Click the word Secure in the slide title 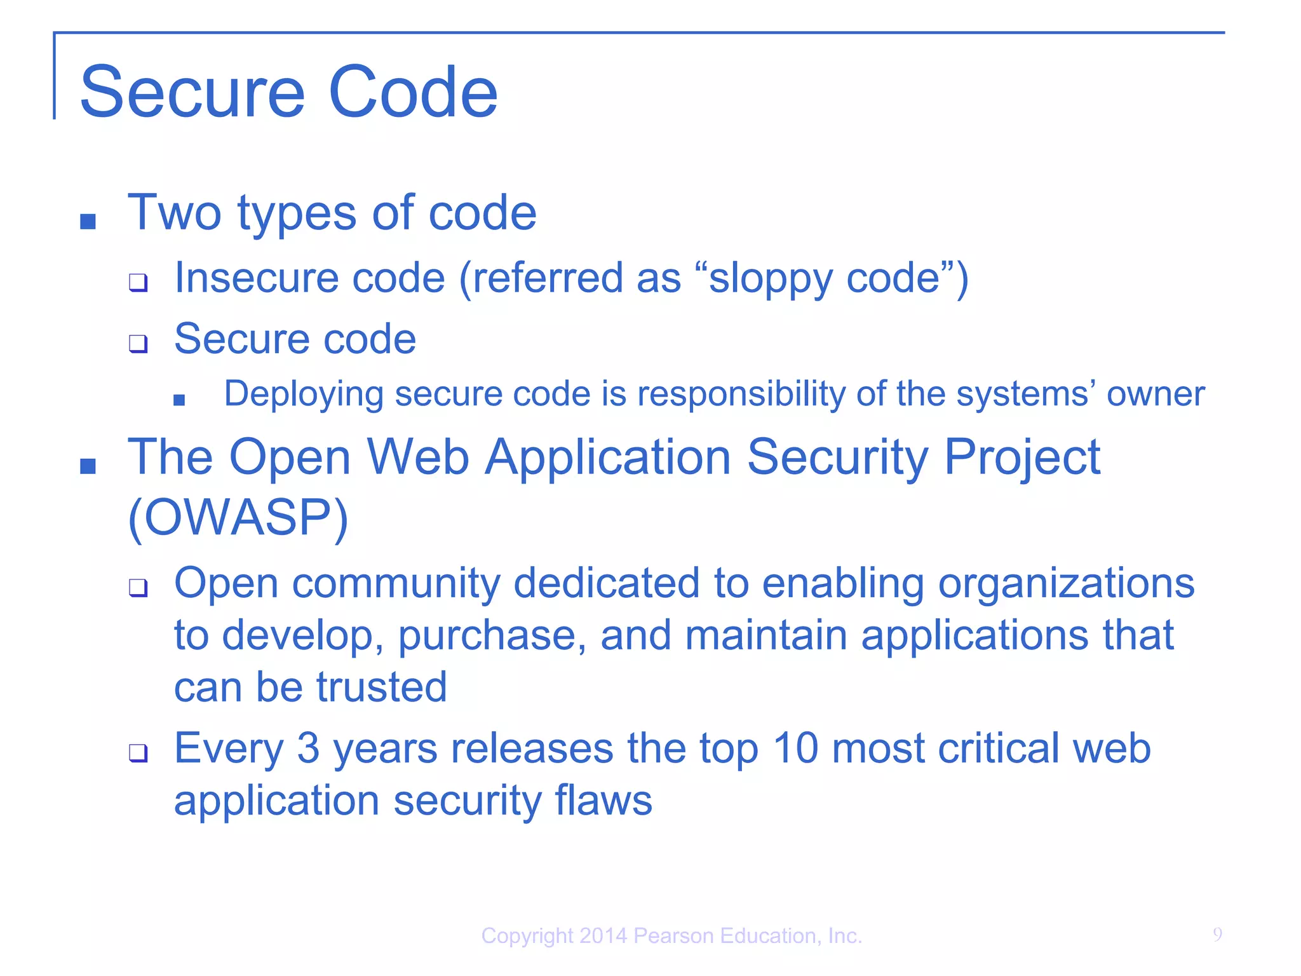tap(192, 93)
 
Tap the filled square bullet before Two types tap(88, 221)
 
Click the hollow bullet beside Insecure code tap(138, 282)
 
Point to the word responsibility tap(741, 395)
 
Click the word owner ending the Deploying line tap(1155, 395)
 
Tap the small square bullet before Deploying tap(179, 400)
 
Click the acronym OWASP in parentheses tap(238, 517)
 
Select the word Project tap(1021, 457)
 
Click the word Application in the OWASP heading tap(608, 457)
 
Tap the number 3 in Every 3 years tap(308, 748)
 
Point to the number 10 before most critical tap(795, 748)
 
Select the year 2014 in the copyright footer tap(603, 936)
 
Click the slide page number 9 tap(1217, 935)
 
